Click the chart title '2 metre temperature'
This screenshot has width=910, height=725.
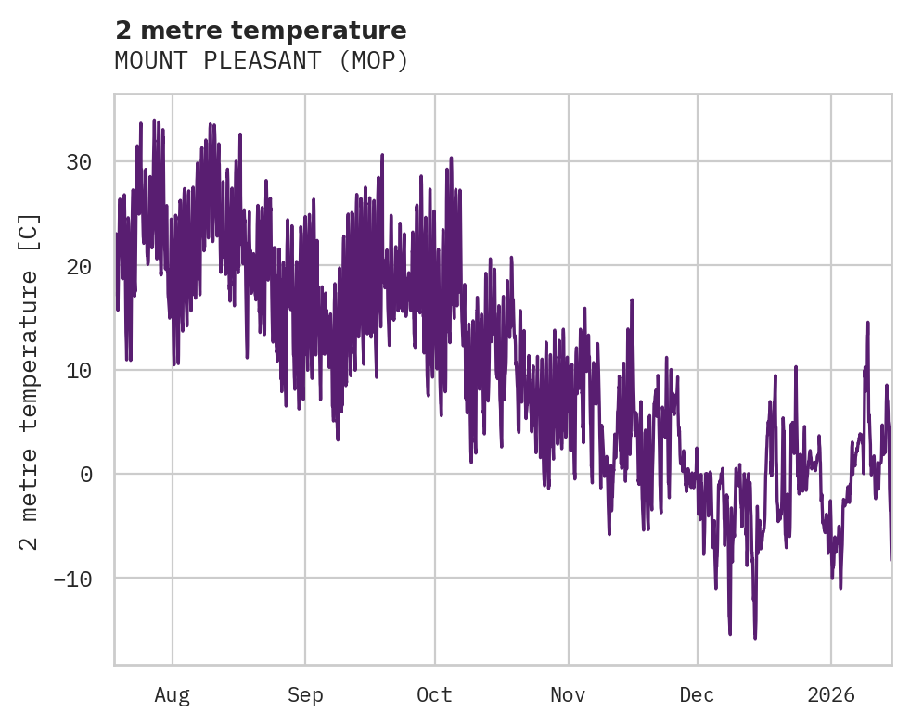point(261,31)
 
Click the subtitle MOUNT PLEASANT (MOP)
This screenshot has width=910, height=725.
point(261,61)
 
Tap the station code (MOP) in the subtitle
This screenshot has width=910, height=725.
point(374,61)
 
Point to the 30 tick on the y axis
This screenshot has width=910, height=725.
point(79,162)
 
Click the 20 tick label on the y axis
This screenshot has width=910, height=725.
point(79,266)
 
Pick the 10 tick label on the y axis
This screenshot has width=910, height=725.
point(79,370)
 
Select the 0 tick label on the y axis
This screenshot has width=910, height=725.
point(85,474)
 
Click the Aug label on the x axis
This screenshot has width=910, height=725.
point(173,694)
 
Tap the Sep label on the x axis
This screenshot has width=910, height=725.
point(305,694)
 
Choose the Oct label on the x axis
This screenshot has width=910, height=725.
point(434,694)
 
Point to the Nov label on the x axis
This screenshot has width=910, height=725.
point(568,694)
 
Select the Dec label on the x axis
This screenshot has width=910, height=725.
point(697,694)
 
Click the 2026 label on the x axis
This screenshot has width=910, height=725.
point(831,694)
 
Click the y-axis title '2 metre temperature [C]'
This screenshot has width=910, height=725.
point(30,380)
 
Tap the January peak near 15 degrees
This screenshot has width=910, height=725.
point(868,322)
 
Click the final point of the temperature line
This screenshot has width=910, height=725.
point(891,560)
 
